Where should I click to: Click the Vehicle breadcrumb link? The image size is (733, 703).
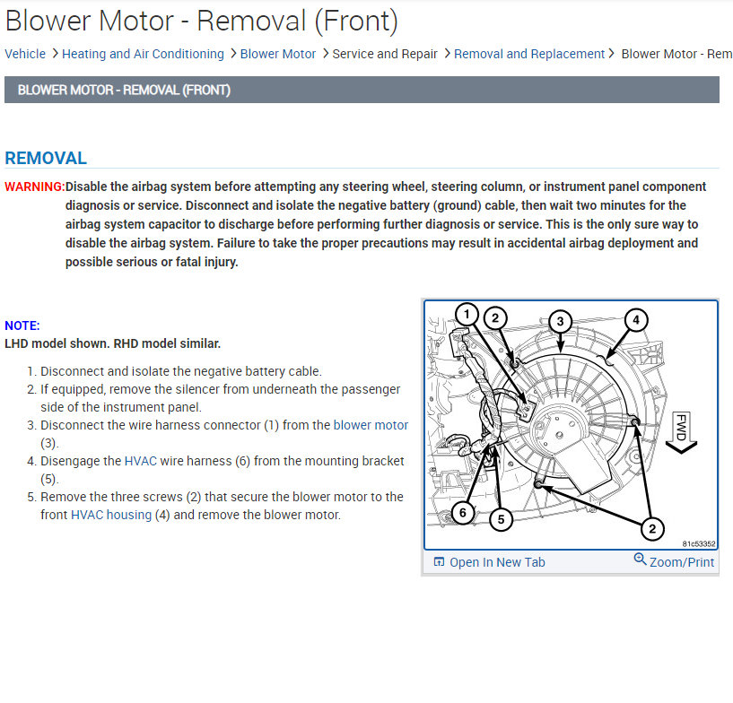coord(25,54)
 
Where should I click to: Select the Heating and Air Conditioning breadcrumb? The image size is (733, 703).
coord(143,54)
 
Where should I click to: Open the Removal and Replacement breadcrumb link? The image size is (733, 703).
coord(529,54)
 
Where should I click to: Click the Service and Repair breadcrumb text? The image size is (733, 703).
coord(385,54)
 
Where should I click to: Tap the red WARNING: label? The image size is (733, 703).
coord(34,187)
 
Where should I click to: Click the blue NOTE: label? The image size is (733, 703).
coord(22,326)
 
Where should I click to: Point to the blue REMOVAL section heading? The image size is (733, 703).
coord(46,159)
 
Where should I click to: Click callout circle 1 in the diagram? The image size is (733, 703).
coord(467,315)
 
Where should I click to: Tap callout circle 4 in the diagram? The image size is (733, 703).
coord(635,320)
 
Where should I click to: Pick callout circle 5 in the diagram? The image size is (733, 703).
coord(502,518)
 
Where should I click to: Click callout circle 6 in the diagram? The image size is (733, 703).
coord(462,513)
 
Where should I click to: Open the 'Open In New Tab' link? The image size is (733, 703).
coord(489,562)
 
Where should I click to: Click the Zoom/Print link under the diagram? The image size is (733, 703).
coord(674,562)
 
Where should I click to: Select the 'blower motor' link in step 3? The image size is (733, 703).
coord(371,425)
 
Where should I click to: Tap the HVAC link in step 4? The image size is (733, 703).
coord(141,461)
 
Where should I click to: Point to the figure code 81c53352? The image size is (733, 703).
coord(698,543)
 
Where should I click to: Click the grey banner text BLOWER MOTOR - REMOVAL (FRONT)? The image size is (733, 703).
coord(124,90)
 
